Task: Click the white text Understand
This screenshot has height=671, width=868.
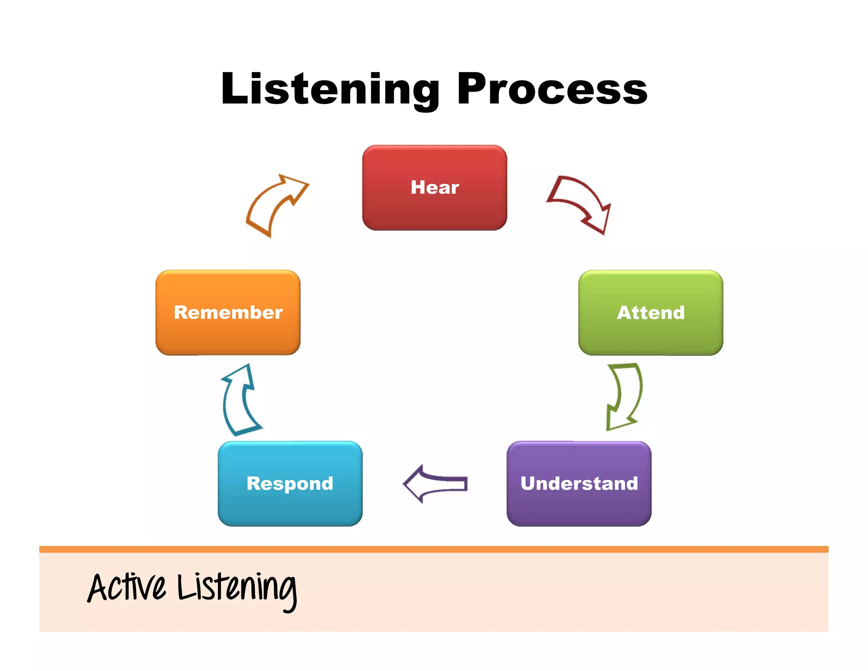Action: click(x=579, y=484)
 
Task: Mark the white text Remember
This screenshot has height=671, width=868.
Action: click(x=228, y=313)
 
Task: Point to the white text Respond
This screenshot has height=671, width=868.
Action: click(x=290, y=484)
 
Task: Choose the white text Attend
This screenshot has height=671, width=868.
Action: click(x=651, y=313)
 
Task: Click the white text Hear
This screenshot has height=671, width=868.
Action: click(x=434, y=187)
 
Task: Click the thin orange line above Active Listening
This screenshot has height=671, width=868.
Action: click(x=434, y=549)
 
